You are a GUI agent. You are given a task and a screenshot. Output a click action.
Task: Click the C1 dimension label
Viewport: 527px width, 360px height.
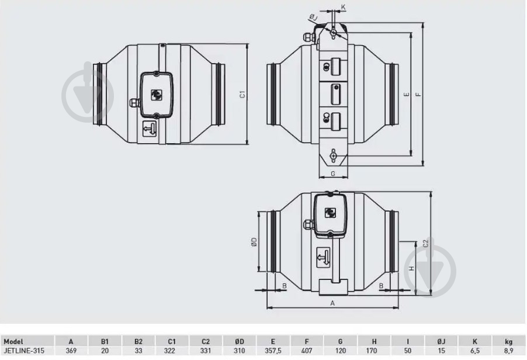pyautogui.click(x=242, y=95)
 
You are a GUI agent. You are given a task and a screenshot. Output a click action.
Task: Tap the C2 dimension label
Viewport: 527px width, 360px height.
pyautogui.click(x=426, y=243)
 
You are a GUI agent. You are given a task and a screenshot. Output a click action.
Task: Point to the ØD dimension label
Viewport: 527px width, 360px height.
pyautogui.click(x=254, y=242)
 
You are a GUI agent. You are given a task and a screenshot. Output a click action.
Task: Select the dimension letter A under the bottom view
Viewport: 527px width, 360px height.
pyautogui.click(x=332, y=303)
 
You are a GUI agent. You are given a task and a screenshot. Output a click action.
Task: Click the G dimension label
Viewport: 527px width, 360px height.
pyautogui.click(x=333, y=174)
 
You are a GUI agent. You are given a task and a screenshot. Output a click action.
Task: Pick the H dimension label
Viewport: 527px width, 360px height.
pyautogui.click(x=411, y=268)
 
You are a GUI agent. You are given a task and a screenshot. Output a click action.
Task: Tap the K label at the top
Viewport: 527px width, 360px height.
pyautogui.click(x=343, y=7)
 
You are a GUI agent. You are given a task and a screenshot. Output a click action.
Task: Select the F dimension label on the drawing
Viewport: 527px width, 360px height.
pyautogui.click(x=418, y=95)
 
